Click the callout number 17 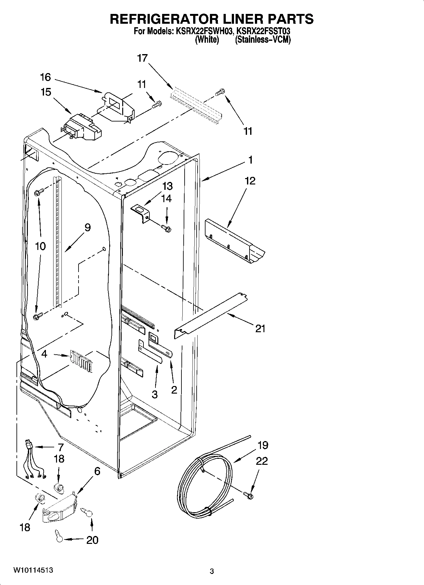(x=142, y=58)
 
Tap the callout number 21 (x=260, y=329)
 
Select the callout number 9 (x=87, y=227)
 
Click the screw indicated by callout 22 (x=249, y=495)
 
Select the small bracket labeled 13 (x=140, y=213)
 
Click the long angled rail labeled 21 (x=211, y=316)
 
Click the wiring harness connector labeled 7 (x=30, y=445)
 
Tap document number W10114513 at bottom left (x=33, y=570)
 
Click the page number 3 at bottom (x=212, y=571)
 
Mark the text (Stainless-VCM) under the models (x=263, y=40)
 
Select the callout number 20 (x=92, y=540)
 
